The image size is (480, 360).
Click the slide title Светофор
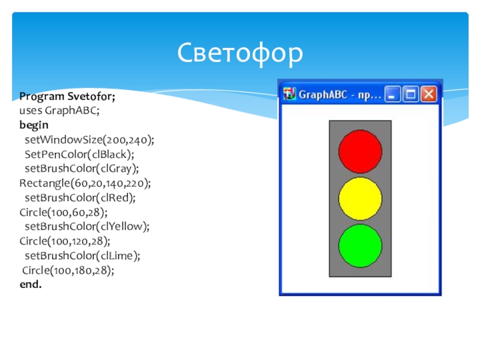point(240,53)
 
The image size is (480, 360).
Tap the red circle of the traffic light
point(361,152)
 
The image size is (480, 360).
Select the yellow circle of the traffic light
point(361,199)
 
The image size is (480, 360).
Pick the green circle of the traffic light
point(361,246)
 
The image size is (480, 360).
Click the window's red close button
point(429,94)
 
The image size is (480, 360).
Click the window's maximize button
point(410,94)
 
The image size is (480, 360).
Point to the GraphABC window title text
point(340,95)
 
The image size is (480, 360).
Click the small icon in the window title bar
point(289,94)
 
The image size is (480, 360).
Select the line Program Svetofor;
point(67,97)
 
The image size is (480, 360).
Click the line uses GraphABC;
point(59,110)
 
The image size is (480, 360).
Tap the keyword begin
point(34,125)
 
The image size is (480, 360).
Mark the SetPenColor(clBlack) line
point(80,154)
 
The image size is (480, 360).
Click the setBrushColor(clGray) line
point(82,169)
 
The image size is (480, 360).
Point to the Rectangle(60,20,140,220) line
point(85,183)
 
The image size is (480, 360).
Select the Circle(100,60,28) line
point(64,212)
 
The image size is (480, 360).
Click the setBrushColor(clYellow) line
point(87,227)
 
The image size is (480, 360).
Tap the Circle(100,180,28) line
point(68,271)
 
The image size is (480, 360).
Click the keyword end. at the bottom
point(31,284)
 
